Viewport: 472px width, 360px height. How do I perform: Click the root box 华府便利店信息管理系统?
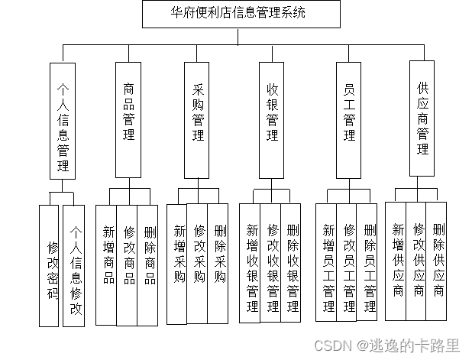[x=230, y=14]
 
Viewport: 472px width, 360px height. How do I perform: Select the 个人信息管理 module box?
[x=63, y=121]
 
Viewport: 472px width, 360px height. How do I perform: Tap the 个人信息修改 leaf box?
[x=75, y=266]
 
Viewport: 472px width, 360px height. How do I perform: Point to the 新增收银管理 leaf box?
[x=251, y=262]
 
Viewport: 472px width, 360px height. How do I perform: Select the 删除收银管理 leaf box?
[x=292, y=262]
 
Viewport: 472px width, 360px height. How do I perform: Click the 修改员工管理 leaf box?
[x=348, y=262]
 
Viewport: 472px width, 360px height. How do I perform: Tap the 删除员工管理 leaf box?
[x=368, y=262]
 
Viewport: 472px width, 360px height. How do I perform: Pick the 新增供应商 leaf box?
[x=396, y=260]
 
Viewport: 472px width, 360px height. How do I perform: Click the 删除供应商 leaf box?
[x=437, y=260]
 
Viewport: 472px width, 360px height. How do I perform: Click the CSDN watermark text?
[x=396, y=345]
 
